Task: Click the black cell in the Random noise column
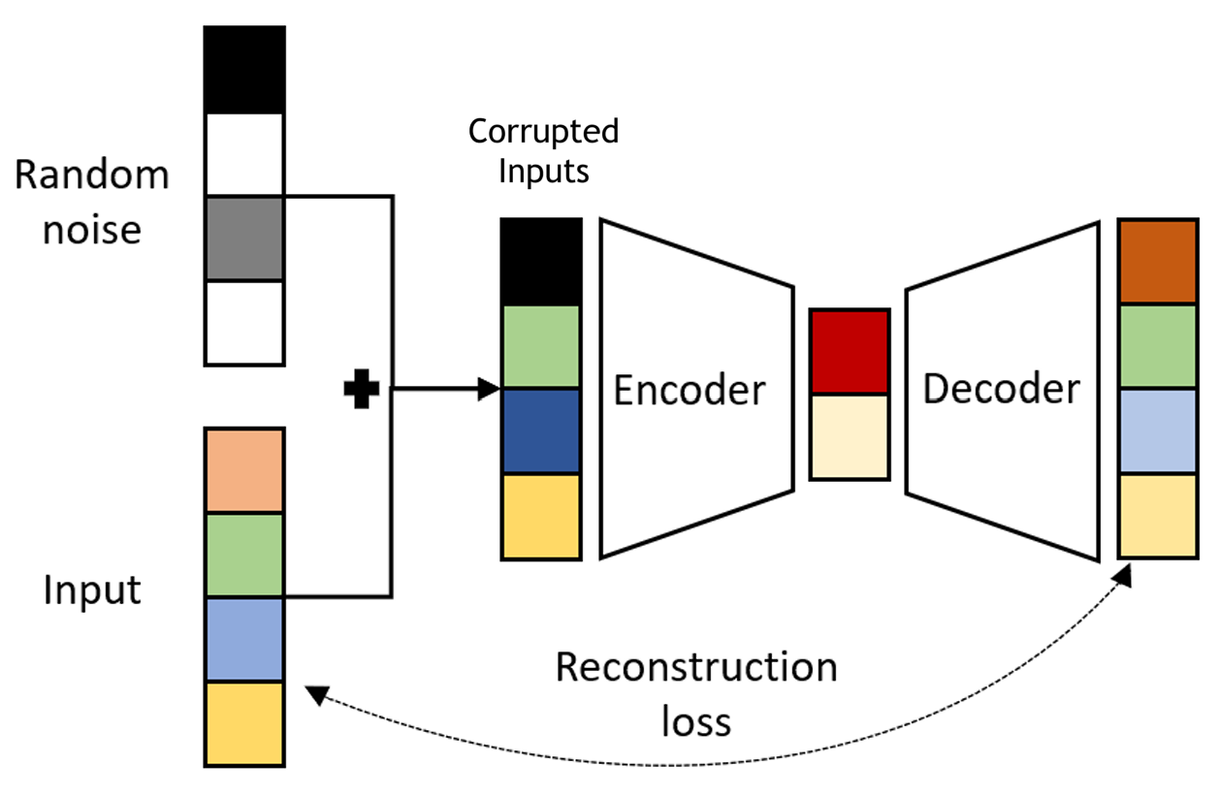click(x=244, y=70)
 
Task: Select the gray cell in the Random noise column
click(x=244, y=238)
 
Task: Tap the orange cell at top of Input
click(x=244, y=471)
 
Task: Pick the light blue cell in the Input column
click(x=244, y=640)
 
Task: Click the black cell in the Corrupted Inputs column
click(x=541, y=262)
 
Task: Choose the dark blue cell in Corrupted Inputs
click(x=541, y=431)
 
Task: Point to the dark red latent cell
click(x=850, y=352)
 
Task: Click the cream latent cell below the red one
click(x=850, y=436)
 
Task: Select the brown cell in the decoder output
click(x=1158, y=262)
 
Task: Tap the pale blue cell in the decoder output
click(x=1158, y=431)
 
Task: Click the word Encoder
click(x=690, y=391)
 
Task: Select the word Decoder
click(x=1001, y=389)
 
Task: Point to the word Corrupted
click(x=543, y=131)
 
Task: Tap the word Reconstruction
click(x=695, y=668)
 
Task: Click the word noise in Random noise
click(x=92, y=232)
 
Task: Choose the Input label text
click(x=92, y=590)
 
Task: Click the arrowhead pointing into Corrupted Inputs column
click(x=490, y=391)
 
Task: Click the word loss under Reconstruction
click(x=695, y=722)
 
